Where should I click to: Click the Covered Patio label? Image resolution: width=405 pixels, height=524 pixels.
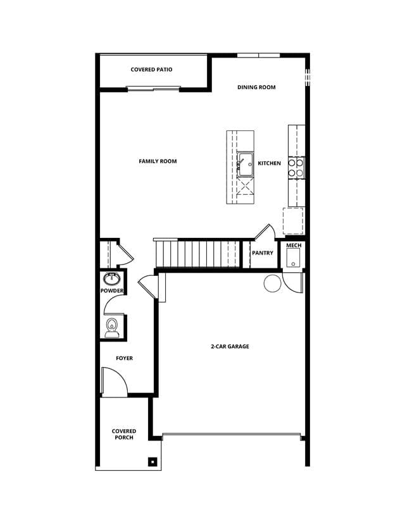click(x=151, y=70)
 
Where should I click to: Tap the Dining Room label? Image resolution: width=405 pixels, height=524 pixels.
click(x=256, y=87)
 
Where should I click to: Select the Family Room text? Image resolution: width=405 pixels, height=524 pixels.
click(x=158, y=161)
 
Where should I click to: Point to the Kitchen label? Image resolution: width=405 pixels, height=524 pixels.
click(x=270, y=163)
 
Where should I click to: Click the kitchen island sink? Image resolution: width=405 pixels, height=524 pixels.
click(x=246, y=165)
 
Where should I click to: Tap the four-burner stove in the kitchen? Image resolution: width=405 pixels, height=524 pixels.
click(x=296, y=168)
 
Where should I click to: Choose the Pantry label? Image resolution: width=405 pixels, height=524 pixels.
click(x=263, y=253)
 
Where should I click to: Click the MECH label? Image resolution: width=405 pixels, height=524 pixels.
click(x=294, y=246)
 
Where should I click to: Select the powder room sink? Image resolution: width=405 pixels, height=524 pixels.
click(x=111, y=278)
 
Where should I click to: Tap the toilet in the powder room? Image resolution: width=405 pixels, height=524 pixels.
click(x=111, y=328)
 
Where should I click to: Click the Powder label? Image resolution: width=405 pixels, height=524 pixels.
click(x=112, y=290)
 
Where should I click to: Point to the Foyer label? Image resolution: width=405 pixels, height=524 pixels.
click(x=124, y=358)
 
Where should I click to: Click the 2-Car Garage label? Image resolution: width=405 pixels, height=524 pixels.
click(x=230, y=347)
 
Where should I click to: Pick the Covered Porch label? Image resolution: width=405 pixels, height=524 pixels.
click(x=124, y=434)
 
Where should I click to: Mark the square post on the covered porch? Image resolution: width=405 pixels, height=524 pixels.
click(x=153, y=462)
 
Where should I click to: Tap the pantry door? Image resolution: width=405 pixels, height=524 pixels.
click(x=265, y=232)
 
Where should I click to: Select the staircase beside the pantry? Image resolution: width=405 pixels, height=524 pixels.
click(x=197, y=253)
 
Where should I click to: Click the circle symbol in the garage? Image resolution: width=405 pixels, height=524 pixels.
click(x=273, y=284)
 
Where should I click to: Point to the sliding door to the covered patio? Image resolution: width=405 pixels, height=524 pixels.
click(x=154, y=89)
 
